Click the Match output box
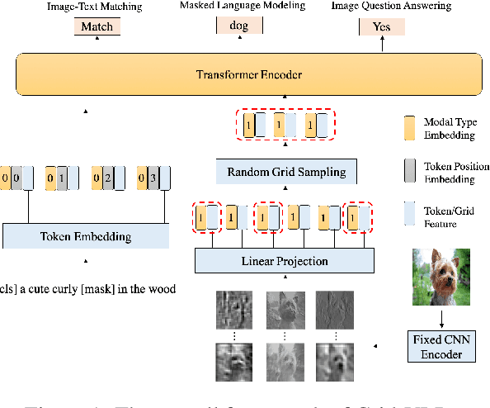tap(97, 26)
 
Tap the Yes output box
tap(382, 26)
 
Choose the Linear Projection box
tap(284, 261)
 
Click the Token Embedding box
tap(86, 236)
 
